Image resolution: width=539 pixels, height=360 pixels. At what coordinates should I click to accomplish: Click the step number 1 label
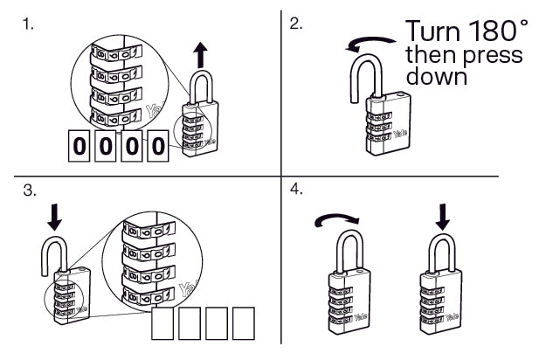click(30, 24)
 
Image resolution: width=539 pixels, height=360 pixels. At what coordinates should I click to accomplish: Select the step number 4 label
click(297, 189)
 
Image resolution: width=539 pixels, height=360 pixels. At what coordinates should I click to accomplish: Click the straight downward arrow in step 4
click(443, 214)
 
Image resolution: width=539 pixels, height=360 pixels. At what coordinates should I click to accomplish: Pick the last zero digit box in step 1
click(157, 147)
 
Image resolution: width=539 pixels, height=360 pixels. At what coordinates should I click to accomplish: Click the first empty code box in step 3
click(163, 323)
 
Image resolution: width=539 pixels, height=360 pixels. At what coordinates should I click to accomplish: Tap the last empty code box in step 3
click(242, 323)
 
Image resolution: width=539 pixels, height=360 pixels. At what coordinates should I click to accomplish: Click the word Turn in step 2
click(431, 31)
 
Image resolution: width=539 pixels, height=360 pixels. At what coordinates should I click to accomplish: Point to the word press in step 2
click(492, 55)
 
